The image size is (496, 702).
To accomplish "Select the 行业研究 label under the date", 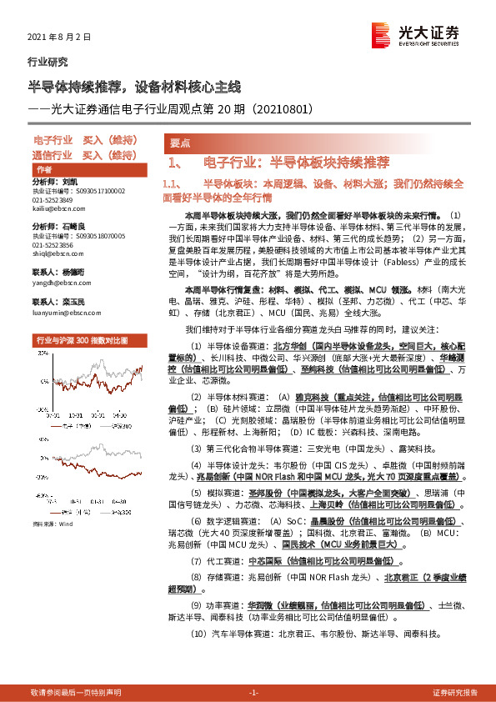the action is pos(47,61).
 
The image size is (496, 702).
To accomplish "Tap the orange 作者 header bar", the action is pos(83,168).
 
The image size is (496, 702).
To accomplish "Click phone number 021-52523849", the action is pos(53,200).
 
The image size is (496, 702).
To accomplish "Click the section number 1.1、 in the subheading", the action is pos(172,182).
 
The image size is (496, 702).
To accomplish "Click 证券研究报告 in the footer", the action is pos(455,692).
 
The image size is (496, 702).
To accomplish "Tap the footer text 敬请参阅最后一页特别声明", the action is pos(76,692).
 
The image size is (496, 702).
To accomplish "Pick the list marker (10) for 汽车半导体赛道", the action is pos(198,634).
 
